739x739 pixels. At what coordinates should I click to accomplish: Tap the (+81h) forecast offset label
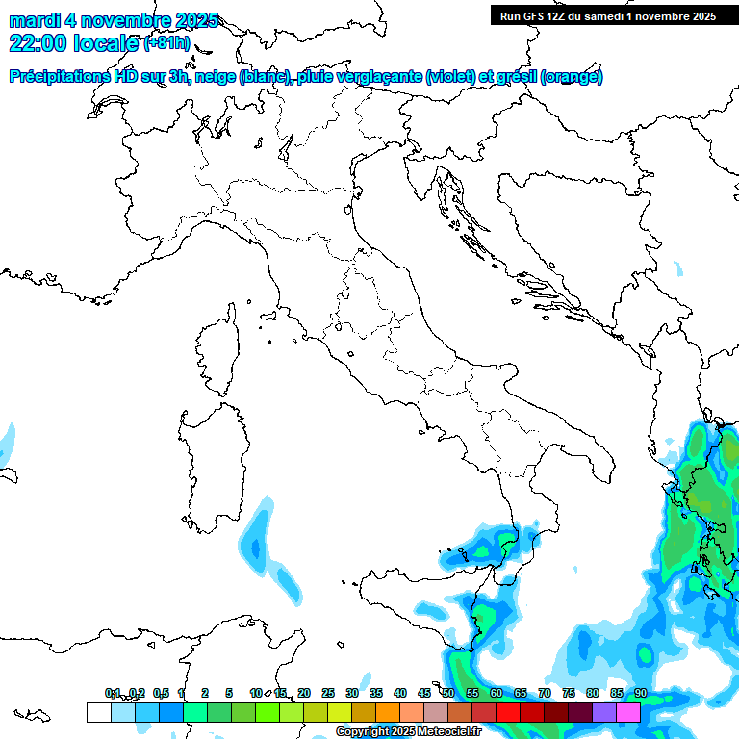click(x=166, y=43)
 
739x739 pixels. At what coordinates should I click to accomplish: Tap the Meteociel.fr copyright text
click(x=408, y=731)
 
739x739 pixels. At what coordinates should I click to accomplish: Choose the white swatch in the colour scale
click(x=98, y=712)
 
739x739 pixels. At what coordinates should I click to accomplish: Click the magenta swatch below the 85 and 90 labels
click(x=627, y=712)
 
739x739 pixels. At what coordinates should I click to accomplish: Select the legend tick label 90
click(x=640, y=693)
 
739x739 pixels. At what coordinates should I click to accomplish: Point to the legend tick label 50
click(x=448, y=693)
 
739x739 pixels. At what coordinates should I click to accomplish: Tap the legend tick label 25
click(x=327, y=693)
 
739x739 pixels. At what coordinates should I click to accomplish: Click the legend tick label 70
click(x=545, y=693)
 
